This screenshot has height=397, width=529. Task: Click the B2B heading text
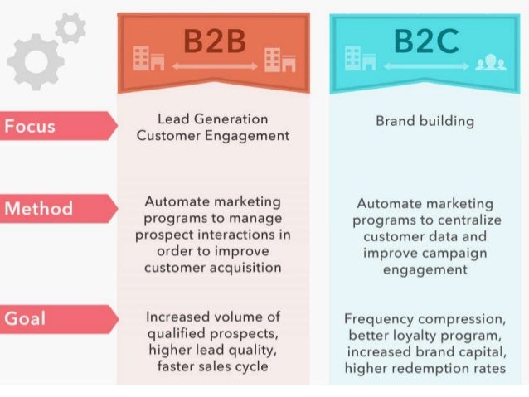tap(213, 39)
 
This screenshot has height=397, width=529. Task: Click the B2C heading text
tap(425, 39)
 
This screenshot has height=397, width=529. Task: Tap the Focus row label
tap(30, 127)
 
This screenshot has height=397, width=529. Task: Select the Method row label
tap(39, 208)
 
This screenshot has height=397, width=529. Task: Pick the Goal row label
tap(25, 318)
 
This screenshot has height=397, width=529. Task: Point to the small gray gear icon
tap(72, 28)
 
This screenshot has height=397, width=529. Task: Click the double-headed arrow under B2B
tap(213, 65)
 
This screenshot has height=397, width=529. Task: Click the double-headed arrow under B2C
tap(425, 65)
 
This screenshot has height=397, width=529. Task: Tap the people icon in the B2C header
tap(491, 63)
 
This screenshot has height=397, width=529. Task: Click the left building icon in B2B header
tap(148, 58)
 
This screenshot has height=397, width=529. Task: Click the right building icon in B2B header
tap(279, 58)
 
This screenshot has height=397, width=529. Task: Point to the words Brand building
tap(425, 121)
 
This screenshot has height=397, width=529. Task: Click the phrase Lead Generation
tap(212, 119)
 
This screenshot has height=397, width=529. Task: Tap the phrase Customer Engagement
tap(212, 136)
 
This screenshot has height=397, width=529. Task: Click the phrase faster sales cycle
tap(212, 366)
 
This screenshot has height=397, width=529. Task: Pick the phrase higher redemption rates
tap(425, 368)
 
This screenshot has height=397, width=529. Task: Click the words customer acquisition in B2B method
tap(212, 267)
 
